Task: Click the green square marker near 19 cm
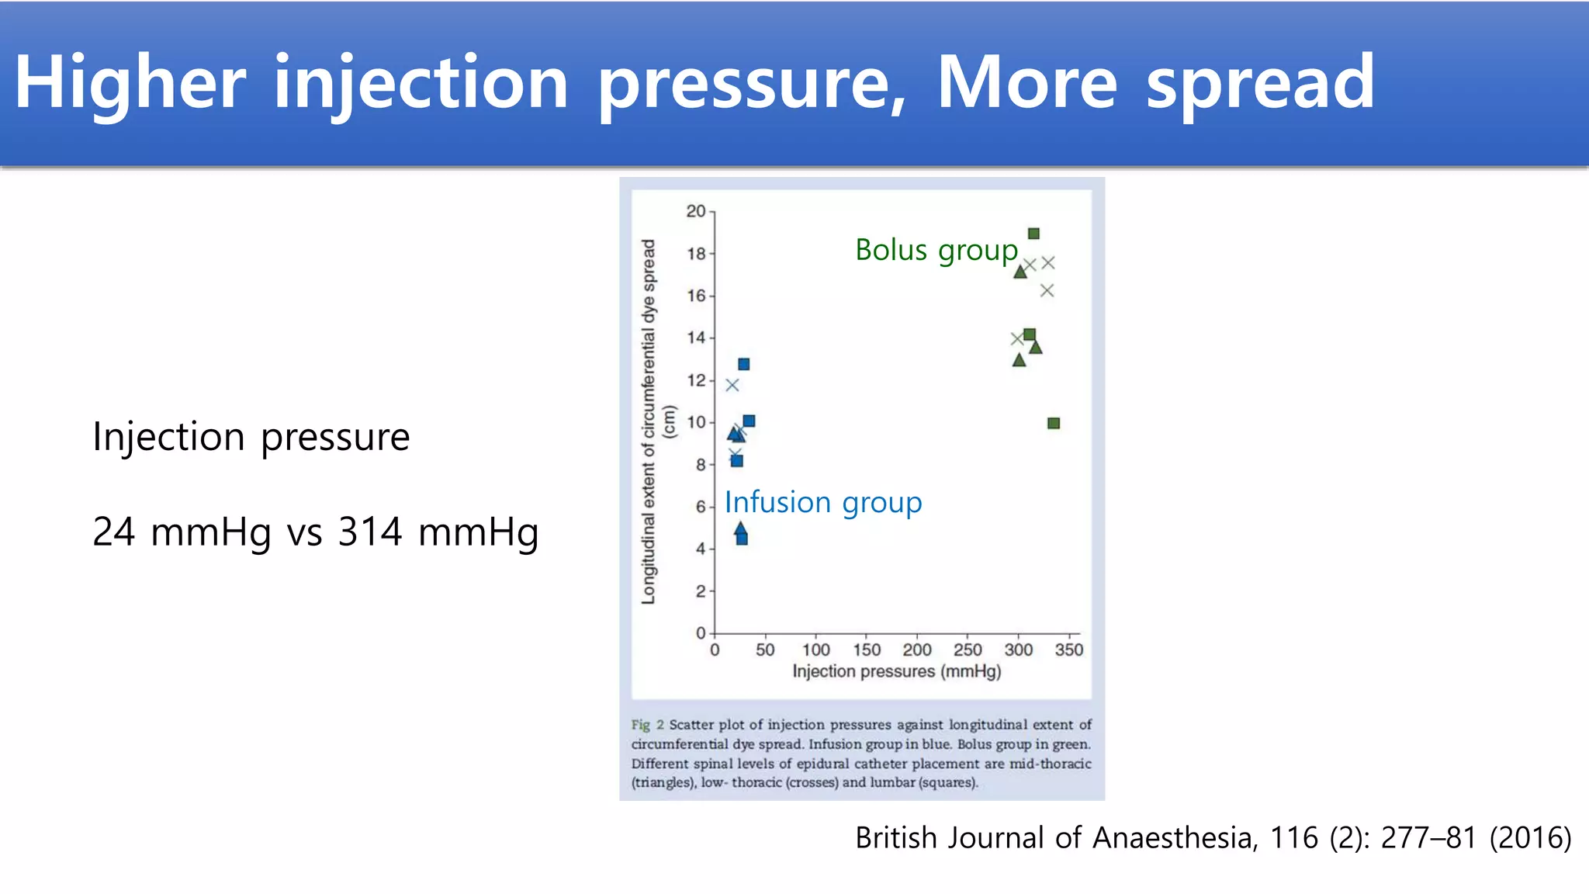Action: pyautogui.click(x=1033, y=234)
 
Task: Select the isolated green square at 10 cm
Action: pyautogui.click(x=1054, y=423)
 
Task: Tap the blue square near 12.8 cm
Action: pyautogui.click(x=744, y=364)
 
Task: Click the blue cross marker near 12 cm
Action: pyautogui.click(x=732, y=385)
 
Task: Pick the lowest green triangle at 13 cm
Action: pyautogui.click(x=1020, y=360)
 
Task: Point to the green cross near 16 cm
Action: pyautogui.click(x=1047, y=291)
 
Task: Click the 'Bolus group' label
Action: pyautogui.click(x=936, y=250)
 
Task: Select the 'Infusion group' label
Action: pyautogui.click(x=823, y=502)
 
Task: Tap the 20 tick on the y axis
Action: pyautogui.click(x=696, y=211)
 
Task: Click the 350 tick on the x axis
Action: pyautogui.click(x=1068, y=650)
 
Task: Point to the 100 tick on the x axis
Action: pyautogui.click(x=815, y=650)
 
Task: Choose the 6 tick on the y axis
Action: pyautogui.click(x=700, y=507)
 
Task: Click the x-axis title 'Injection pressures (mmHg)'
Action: pyautogui.click(x=896, y=671)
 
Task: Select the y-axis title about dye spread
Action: pyautogui.click(x=649, y=421)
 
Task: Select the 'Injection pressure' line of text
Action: pyautogui.click(x=251, y=437)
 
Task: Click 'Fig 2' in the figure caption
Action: pyautogui.click(x=647, y=725)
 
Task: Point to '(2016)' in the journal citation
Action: pyautogui.click(x=1530, y=838)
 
